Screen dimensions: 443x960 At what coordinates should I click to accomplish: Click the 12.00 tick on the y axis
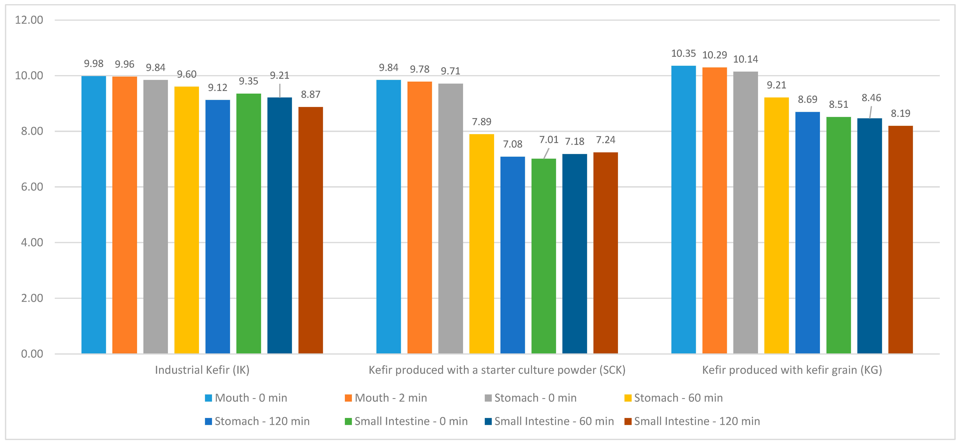(29, 20)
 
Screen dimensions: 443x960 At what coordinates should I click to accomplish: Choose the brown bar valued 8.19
(900, 240)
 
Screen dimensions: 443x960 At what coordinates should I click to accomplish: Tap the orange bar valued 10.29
(714, 211)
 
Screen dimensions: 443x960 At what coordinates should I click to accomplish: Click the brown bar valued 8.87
(310, 230)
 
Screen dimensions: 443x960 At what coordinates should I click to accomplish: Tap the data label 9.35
(249, 81)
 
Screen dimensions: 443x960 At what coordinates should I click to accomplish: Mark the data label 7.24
(606, 140)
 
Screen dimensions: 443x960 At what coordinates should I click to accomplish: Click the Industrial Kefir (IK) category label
(202, 370)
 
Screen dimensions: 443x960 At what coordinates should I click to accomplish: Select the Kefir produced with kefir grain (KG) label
(792, 370)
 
